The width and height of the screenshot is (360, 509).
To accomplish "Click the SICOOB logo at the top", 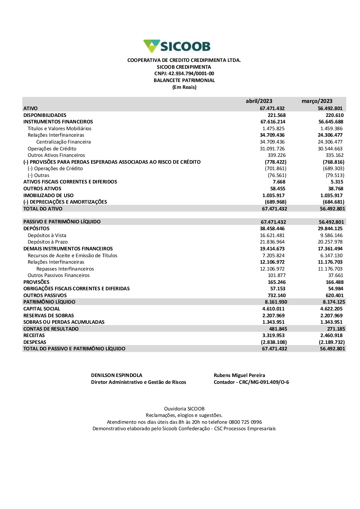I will coord(177,46).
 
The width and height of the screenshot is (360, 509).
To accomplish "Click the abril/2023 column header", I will coord(259,101).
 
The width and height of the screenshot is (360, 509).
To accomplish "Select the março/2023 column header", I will coord(317,101).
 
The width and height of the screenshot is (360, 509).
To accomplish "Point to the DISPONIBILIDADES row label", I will coord(45,115).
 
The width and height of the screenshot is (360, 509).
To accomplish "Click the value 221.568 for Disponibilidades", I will coord(276,115).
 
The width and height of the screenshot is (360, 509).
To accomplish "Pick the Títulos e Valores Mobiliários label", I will coord(59,128).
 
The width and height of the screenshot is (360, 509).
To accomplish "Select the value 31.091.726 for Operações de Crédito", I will coord(272,149).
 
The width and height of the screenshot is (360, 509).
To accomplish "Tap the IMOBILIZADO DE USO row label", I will coord(48,195).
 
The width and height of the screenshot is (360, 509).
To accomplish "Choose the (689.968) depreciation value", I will coord(275,202).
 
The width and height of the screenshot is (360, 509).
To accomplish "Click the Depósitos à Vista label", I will coord(47,235).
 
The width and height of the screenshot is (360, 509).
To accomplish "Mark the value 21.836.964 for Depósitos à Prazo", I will coord(272,242).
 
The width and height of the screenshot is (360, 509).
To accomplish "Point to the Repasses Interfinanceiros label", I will coord(65,269).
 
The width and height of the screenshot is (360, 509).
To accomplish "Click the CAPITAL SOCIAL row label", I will coord(42,309).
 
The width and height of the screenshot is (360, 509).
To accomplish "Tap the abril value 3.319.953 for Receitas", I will coord(273,335).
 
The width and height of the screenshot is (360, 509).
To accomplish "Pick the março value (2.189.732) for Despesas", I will coord(332,342).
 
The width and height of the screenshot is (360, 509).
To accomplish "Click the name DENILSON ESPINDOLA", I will coord(117,375).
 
